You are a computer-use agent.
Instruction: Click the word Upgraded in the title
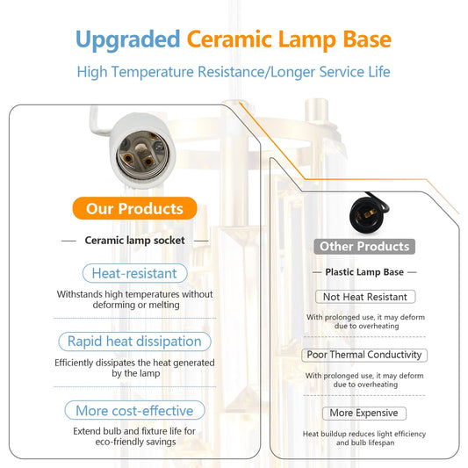pos(127,40)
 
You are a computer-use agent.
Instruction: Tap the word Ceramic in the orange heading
pos(230,40)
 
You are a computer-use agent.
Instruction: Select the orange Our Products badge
pos(134,208)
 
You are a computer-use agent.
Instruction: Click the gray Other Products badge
pos(364,247)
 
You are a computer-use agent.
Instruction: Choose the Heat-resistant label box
pos(134,273)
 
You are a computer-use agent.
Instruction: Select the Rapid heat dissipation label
pos(134,341)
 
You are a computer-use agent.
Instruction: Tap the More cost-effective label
pos(134,410)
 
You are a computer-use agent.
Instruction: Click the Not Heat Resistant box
pos(364,298)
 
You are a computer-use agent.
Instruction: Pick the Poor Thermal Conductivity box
pos(364,355)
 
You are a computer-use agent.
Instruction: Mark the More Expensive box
pos(364,413)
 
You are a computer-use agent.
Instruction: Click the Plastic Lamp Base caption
pos(364,272)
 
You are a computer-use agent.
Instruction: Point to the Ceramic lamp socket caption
pos(134,240)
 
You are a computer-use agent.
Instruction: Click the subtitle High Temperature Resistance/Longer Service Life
pos(234,72)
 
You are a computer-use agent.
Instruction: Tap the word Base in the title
pos(363,40)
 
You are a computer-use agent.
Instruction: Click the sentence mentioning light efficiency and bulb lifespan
pos(364,437)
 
